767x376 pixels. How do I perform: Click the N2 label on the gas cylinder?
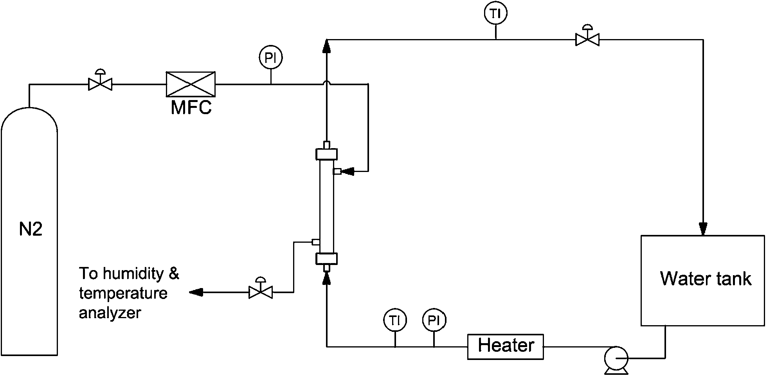click(31, 229)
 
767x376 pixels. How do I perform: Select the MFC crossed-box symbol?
click(191, 84)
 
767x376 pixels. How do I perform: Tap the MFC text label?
click(191, 108)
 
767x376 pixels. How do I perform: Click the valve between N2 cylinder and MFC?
click(100, 84)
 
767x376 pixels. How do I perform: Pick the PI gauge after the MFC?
click(270, 58)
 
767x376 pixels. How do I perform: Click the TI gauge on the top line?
click(495, 14)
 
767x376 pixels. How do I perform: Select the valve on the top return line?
click(587, 39)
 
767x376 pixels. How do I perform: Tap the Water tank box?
click(702, 280)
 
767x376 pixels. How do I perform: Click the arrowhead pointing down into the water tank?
click(703, 228)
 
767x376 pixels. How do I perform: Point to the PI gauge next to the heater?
click(434, 321)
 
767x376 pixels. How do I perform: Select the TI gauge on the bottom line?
click(395, 321)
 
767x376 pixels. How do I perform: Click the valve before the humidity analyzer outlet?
click(261, 292)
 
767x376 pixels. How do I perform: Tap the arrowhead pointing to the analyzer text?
click(196, 292)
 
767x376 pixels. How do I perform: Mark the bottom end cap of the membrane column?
click(326, 259)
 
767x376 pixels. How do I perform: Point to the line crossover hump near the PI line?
click(327, 82)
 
